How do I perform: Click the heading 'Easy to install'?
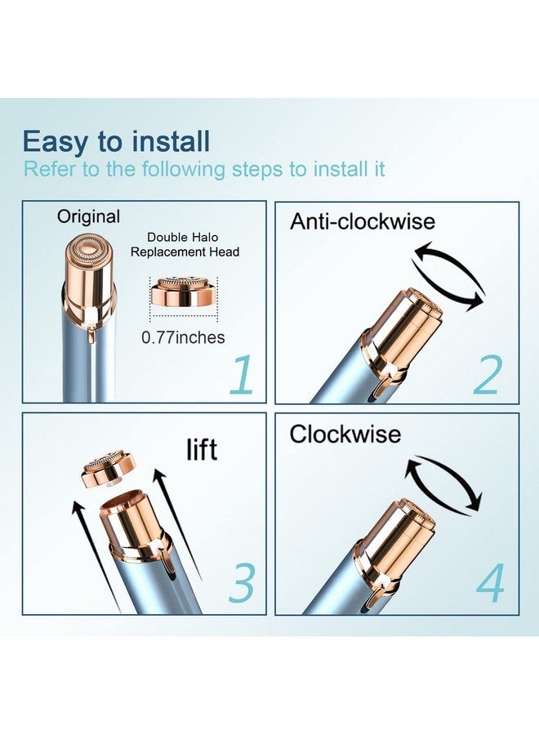(x=116, y=141)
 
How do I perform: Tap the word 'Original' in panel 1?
(x=88, y=216)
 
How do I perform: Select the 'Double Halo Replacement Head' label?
(x=185, y=245)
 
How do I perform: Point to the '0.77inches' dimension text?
(x=183, y=337)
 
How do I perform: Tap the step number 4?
(x=490, y=583)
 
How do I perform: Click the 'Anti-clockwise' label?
(x=363, y=220)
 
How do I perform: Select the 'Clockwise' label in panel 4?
(x=345, y=434)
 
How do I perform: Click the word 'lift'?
(x=202, y=448)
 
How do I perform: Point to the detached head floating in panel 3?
(x=109, y=470)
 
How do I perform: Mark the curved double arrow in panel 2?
(x=448, y=276)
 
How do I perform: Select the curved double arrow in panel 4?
(x=443, y=483)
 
